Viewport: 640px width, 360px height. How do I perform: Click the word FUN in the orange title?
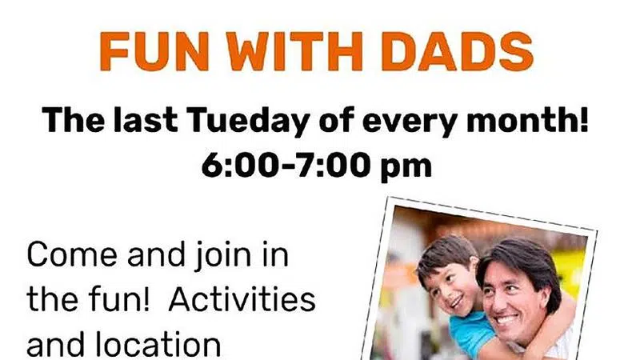[154, 52]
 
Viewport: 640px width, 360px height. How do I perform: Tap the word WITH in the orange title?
[294, 52]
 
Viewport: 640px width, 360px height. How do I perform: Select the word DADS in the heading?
[457, 52]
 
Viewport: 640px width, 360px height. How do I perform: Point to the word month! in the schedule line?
[527, 121]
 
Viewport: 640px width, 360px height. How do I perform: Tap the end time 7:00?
[334, 166]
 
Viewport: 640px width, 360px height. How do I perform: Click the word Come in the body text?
[72, 254]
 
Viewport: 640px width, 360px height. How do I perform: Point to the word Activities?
[242, 299]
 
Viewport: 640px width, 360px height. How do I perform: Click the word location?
[158, 343]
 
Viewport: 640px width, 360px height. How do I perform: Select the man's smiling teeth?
[506, 318]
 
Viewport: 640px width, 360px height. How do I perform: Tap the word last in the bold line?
[146, 121]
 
